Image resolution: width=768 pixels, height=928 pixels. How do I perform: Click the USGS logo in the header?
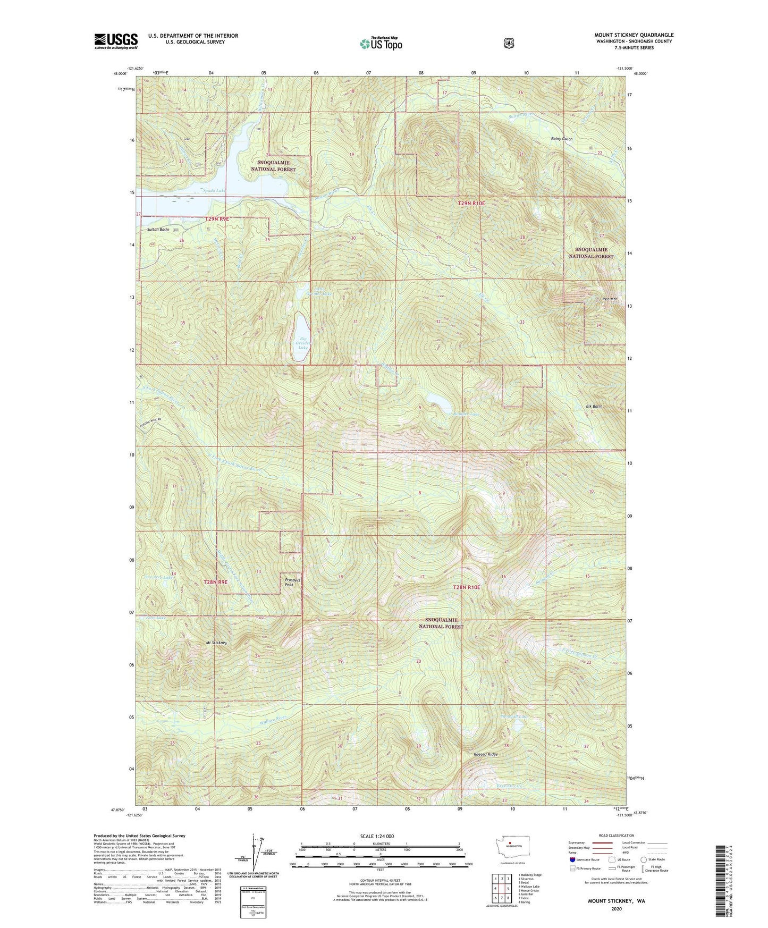(x=116, y=41)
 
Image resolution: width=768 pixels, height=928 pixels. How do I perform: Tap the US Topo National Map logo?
(x=381, y=44)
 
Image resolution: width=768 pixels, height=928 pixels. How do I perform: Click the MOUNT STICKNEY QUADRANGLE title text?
(x=634, y=35)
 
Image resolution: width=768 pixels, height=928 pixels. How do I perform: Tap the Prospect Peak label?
(x=293, y=582)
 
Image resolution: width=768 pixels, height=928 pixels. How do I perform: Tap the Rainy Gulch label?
(x=561, y=139)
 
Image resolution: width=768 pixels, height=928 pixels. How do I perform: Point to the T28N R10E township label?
(x=466, y=587)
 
